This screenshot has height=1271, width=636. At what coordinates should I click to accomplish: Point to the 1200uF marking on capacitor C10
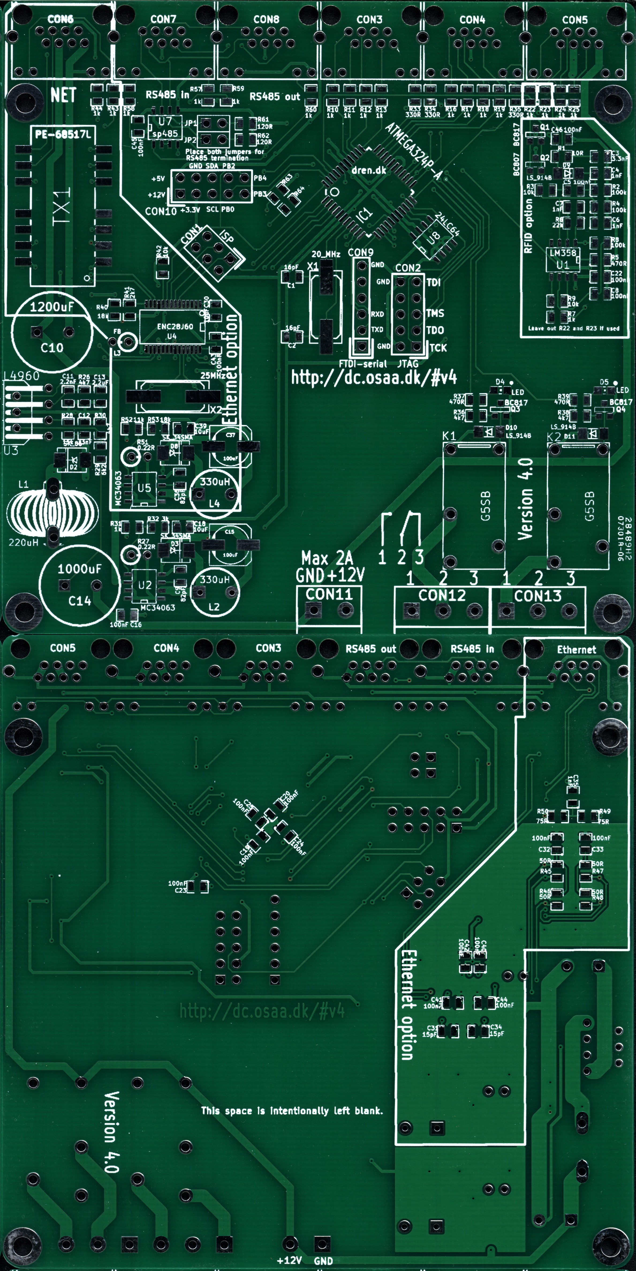(51, 307)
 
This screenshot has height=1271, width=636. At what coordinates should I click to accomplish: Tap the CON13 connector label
(537, 596)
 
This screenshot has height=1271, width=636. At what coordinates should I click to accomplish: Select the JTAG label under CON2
(408, 364)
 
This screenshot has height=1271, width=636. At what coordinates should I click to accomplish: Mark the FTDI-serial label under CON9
(363, 364)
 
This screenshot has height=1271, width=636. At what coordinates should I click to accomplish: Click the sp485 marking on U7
(165, 133)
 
